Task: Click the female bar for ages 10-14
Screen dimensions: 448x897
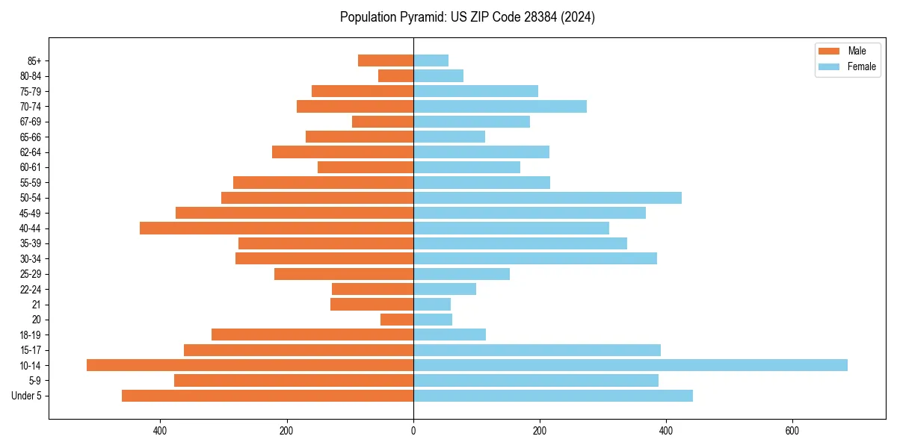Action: (x=630, y=365)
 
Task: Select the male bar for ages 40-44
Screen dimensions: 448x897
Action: (x=277, y=228)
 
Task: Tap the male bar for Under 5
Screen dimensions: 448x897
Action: (x=268, y=396)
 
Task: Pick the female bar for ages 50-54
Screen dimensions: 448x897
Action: (x=547, y=198)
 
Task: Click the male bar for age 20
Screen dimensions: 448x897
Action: (x=397, y=320)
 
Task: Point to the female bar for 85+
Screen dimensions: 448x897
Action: (x=431, y=60)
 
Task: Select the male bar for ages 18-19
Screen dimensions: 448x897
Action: (x=312, y=335)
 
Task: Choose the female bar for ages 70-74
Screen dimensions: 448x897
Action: (x=500, y=106)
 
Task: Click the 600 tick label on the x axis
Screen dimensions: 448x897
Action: (x=792, y=431)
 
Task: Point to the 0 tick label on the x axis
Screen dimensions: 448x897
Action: (x=413, y=431)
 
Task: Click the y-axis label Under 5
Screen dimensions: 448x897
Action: (x=27, y=396)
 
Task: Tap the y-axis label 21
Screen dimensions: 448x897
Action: (x=36, y=305)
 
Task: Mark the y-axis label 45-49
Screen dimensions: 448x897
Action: (x=31, y=213)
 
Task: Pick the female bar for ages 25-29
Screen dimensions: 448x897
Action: (x=461, y=274)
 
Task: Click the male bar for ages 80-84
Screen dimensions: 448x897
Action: (x=395, y=75)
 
